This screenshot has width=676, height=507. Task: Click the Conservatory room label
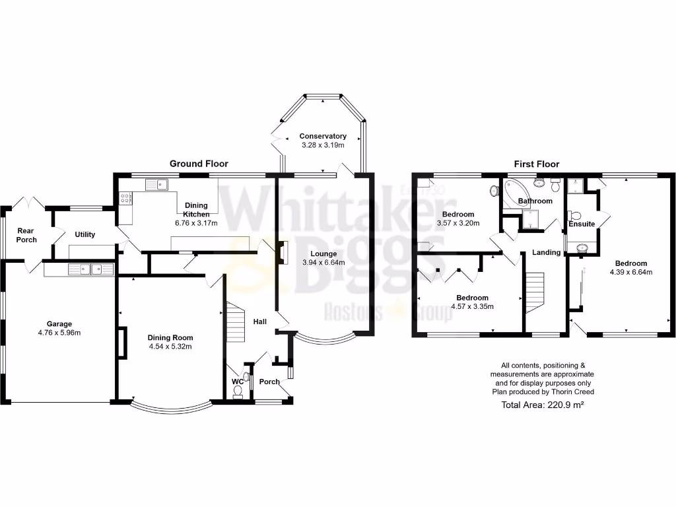click(x=323, y=136)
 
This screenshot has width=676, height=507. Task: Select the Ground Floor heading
click(x=199, y=164)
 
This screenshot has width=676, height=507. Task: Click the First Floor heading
click(x=537, y=164)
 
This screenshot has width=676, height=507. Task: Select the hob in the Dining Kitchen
click(x=125, y=198)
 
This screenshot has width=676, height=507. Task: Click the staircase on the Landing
click(x=534, y=290)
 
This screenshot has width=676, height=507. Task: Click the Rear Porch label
click(x=26, y=234)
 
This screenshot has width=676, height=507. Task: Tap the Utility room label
click(x=84, y=234)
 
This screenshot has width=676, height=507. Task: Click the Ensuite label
click(x=582, y=224)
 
